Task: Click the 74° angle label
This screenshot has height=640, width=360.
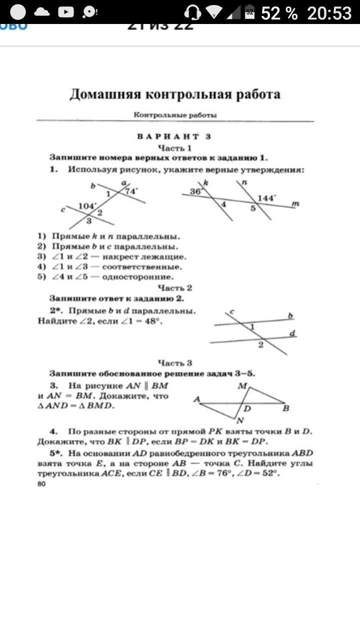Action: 131,191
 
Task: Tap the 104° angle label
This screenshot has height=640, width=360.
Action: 87,206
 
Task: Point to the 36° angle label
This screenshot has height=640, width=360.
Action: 195,191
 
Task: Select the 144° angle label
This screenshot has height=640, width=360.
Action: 266,198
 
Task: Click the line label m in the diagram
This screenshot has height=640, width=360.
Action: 295,204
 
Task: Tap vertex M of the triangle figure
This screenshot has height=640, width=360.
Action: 242,385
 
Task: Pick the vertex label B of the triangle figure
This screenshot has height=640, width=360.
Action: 286,408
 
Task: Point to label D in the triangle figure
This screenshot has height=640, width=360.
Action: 246,408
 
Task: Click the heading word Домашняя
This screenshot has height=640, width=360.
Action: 103,94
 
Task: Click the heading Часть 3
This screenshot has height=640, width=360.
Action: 175,363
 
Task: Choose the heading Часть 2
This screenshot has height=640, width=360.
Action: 175,287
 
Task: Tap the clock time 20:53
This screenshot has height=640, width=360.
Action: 329,13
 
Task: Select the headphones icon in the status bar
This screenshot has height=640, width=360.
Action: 192,12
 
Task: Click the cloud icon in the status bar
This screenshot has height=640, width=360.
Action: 41,12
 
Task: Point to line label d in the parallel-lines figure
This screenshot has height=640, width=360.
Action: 292,332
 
